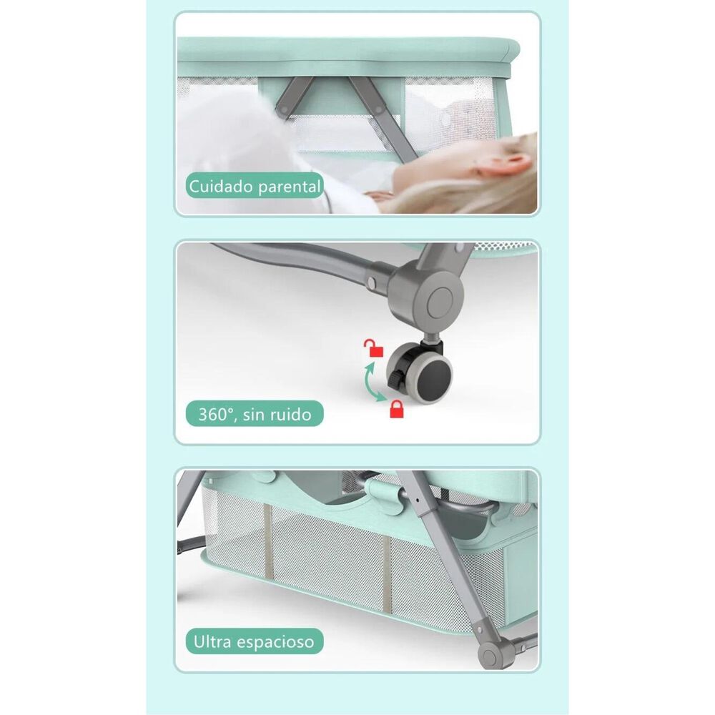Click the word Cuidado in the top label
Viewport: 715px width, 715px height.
click(221, 187)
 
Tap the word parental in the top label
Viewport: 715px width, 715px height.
click(289, 187)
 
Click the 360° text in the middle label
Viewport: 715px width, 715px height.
click(217, 414)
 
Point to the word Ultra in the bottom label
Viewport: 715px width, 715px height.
click(213, 641)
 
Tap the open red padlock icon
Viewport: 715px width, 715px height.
click(374, 348)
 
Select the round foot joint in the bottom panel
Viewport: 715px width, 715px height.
click(490, 655)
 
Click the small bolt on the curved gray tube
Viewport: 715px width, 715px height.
click(371, 282)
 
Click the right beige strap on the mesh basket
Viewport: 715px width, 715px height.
click(386, 576)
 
